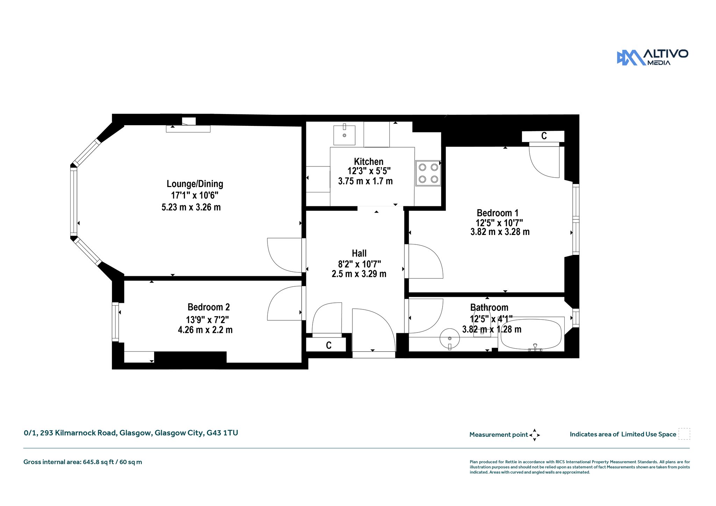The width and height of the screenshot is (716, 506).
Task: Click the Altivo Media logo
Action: click(x=652, y=57)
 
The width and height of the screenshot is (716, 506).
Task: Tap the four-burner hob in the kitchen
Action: click(x=428, y=173)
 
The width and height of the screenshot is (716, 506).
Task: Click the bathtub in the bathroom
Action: click(x=531, y=334)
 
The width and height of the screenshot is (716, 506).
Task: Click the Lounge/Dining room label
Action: click(x=195, y=184)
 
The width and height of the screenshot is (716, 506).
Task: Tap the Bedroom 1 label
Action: click(x=497, y=213)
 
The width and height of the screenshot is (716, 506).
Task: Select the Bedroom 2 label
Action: click(x=209, y=307)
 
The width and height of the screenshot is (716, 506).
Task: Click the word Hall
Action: click(x=359, y=253)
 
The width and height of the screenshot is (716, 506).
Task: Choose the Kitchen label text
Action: click(x=369, y=162)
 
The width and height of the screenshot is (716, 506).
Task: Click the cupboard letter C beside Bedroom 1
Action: click(x=544, y=136)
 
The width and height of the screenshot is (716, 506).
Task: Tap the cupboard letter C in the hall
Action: click(x=329, y=345)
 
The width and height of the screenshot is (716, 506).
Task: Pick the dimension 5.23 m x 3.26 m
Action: click(x=191, y=207)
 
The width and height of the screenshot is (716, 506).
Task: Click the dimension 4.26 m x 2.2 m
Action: click(x=205, y=330)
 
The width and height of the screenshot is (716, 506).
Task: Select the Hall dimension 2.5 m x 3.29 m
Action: click(x=359, y=274)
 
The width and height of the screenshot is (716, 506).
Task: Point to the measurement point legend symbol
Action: click(x=535, y=435)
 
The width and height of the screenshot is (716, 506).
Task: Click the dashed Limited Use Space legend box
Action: click(x=684, y=434)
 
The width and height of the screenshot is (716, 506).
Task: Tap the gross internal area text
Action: click(x=83, y=462)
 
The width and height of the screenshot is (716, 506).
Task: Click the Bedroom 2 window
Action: click(x=115, y=322)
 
